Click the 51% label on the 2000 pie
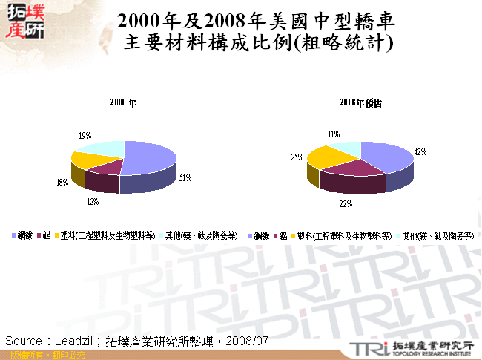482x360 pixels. pos(185,177)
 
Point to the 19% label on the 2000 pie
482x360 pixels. pos(85,136)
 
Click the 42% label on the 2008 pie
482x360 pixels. pos(420,152)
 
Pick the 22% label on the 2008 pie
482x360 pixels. pos(346,203)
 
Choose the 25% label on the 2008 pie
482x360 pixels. pos(297,157)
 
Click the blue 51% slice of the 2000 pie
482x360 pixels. pos(148,156)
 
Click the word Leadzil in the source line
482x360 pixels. pos(74,341)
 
